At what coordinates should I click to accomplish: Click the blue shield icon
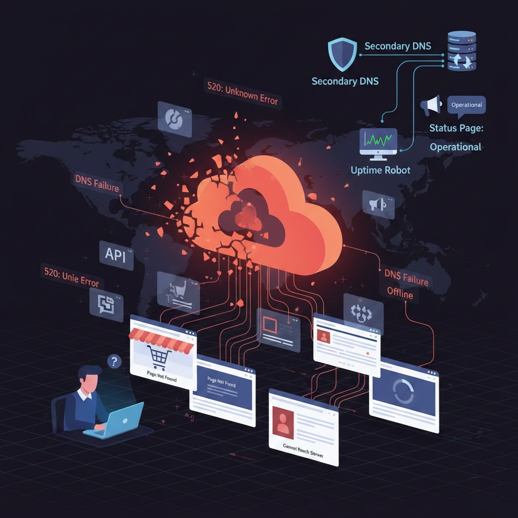(x=341, y=54)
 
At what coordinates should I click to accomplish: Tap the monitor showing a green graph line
(x=377, y=141)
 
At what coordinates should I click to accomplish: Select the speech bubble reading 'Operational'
(x=466, y=105)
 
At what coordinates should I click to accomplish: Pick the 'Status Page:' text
(x=456, y=128)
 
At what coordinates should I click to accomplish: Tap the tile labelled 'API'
(x=115, y=256)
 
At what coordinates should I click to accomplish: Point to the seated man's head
(x=90, y=379)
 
